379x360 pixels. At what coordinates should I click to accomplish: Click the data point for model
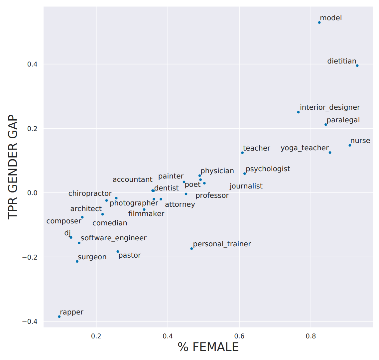tap(319, 23)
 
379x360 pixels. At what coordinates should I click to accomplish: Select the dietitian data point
tap(357, 66)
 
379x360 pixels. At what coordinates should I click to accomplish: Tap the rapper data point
tap(59, 316)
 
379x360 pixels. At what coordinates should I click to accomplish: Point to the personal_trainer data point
tap(191, 249)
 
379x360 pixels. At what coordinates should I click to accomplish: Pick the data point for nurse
tap(350, 145)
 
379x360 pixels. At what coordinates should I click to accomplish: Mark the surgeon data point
tap(77, 262)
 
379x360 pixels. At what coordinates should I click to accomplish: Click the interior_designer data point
tap(298, 112)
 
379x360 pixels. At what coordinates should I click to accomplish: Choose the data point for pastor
tap(118, 252)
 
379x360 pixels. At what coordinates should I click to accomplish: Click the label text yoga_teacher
tap(305, 148)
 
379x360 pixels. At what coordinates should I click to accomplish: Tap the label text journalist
tap(246, 186)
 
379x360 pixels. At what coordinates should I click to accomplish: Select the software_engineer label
tap(113, 238)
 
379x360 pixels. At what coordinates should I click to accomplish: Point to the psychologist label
tap(268, 169)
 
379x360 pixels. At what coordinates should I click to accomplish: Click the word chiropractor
tap(90, 193)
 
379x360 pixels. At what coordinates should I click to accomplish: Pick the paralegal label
tap(343, 120)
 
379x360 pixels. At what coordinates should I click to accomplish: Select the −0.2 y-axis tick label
tap(29, 257)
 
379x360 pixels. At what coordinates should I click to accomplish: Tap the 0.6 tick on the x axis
tap(239, 336)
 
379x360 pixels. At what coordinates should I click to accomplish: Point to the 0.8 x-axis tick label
tap(311, 336)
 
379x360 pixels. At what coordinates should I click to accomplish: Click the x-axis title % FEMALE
tap(208, 347)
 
